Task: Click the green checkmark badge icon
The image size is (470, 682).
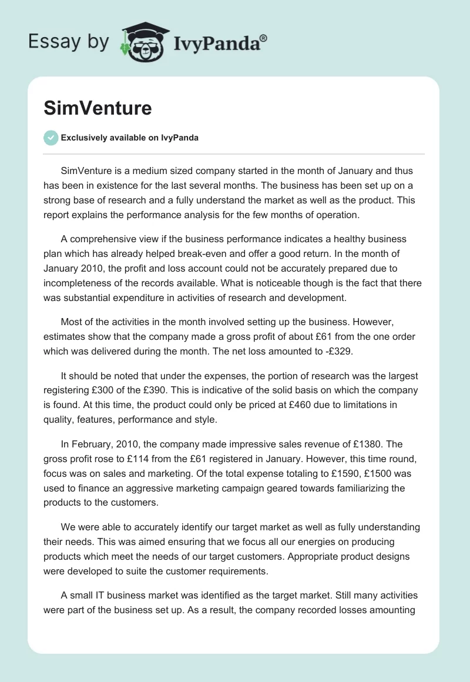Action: coord(51,138)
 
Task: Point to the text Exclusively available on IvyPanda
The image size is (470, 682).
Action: coord(129,138)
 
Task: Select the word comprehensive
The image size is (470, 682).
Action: coord(102,240)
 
